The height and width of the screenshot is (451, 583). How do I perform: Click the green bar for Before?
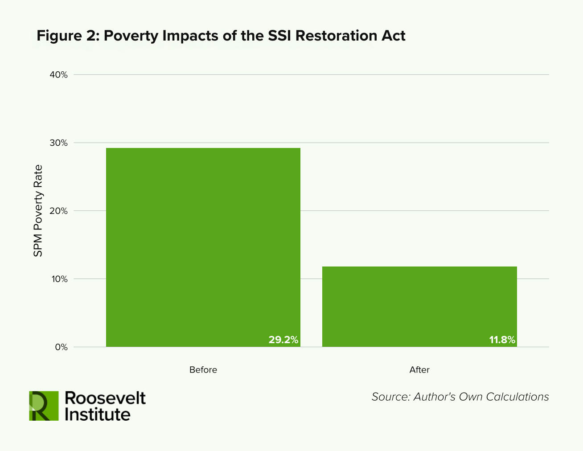(x=203, y=247)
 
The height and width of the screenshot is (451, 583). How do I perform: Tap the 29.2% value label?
(x=283, y=340)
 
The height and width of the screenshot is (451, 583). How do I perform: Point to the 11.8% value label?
(x=502, y=340)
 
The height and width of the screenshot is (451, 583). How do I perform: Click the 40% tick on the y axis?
(x=59, y=75)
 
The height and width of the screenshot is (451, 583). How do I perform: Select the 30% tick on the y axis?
(x=59, y=143)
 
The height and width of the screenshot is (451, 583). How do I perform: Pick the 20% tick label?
(x=59, y=211)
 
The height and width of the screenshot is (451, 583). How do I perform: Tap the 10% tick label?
(x=59, y=279)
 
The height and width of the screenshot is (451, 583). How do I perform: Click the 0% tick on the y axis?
(x=62, y=347)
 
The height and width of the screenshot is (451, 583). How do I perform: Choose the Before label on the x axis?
(x=203, y=370)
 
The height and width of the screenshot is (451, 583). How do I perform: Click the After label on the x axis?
(x=419, y=370)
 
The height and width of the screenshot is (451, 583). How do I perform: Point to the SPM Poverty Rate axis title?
(x=38, y=211)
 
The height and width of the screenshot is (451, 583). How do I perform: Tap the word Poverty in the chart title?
(x=131, y=36)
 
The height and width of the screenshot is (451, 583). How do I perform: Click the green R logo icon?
(x=44, y=406)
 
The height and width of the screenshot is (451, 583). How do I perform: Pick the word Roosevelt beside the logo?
(x=105, y=398)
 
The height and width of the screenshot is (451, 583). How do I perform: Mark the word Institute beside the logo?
(x=98, y=414)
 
